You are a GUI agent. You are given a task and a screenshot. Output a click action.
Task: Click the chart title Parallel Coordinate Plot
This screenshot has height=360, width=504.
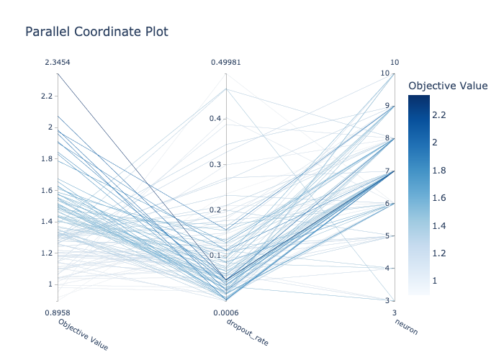pos(96,32)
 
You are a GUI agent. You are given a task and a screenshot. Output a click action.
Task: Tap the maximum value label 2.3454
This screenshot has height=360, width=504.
pos(58,63)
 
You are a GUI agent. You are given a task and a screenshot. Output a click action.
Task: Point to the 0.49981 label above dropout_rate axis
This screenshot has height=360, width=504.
pos(226,63)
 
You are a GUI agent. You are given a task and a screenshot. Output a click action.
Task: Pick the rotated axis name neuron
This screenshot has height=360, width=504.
pos(406,328)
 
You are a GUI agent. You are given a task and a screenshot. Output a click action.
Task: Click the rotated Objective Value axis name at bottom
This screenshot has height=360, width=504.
pos(83,334)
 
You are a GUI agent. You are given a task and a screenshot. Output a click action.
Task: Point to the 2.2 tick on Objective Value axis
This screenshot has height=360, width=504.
pos(50,96)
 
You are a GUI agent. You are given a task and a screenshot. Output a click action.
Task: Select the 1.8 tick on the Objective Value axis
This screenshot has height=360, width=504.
pos(50,158)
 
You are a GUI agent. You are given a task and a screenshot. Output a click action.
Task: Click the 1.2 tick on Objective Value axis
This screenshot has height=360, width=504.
pos(50,253)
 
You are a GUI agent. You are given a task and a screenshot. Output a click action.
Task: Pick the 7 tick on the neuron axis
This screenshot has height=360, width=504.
pos(387,171)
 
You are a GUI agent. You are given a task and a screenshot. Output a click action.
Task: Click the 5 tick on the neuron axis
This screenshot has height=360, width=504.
pos(387,235)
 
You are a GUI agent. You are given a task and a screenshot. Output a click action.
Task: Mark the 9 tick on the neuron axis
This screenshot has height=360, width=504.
pos(387,106)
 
